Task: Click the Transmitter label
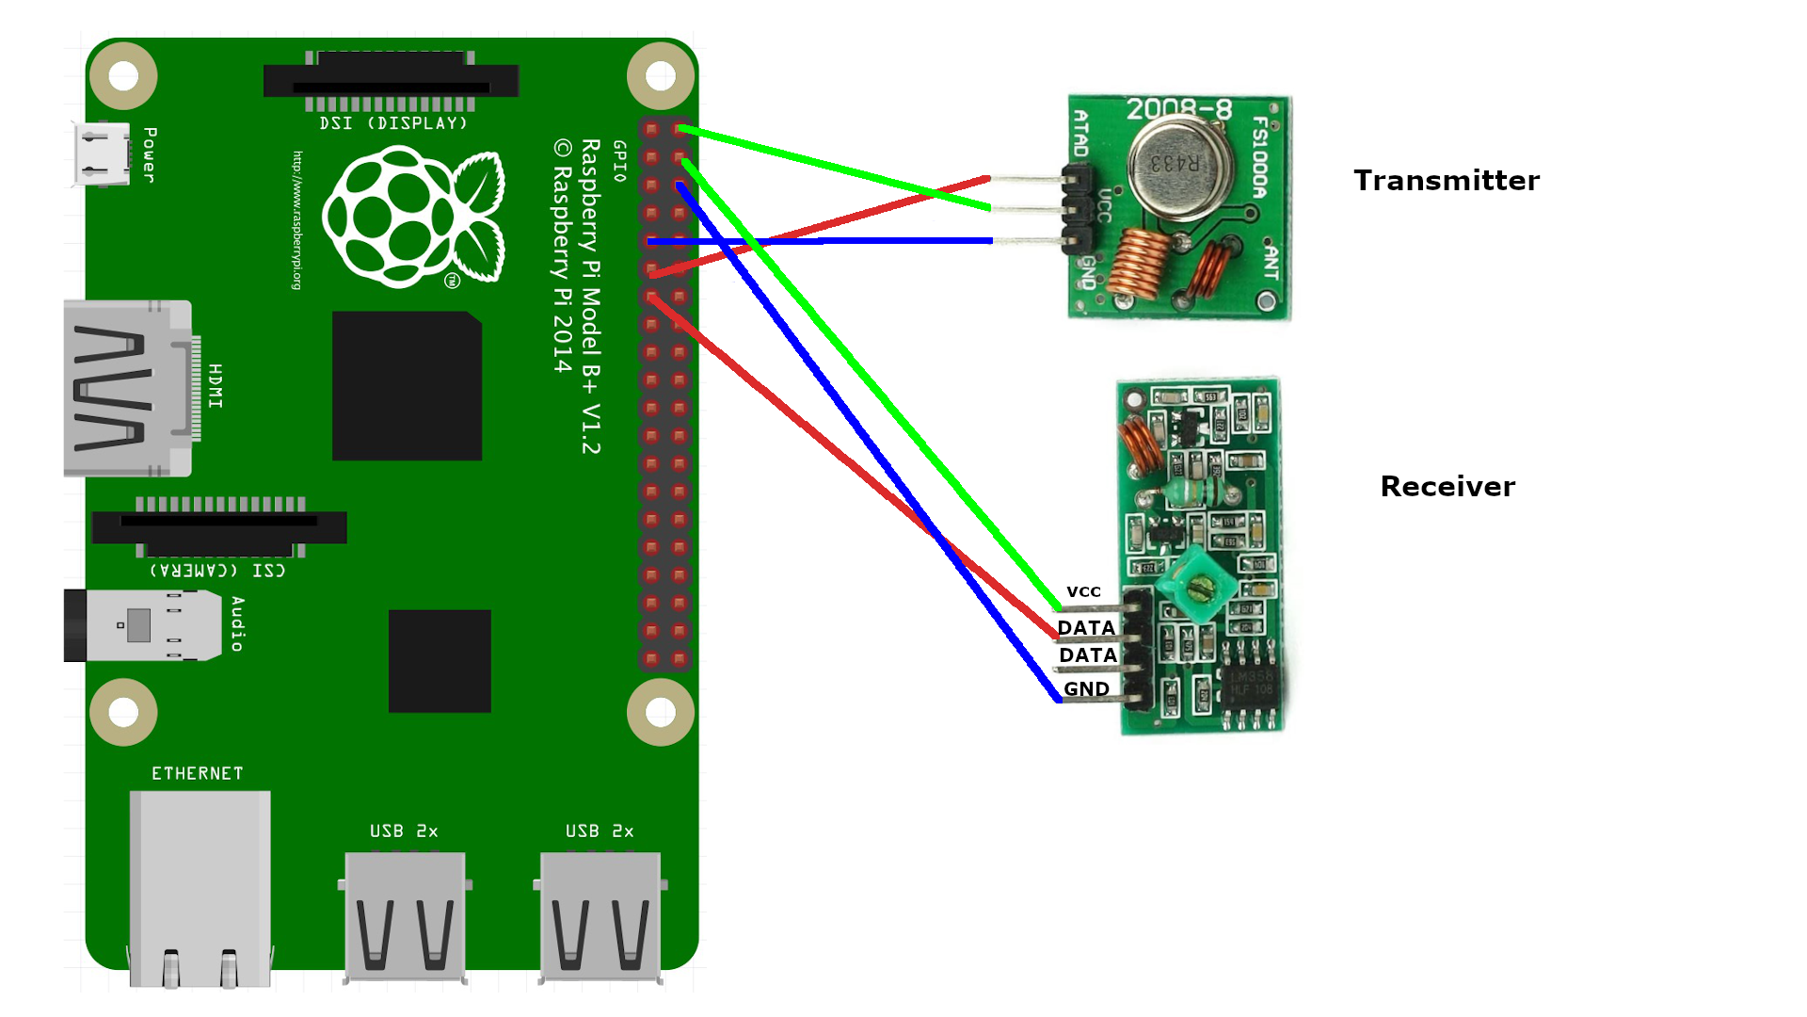[x=1446, y=180]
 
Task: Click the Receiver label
[x=1447, y=486]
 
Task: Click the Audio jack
[x=141, y=625]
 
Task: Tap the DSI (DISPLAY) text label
[x=392, y=123]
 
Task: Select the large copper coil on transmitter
[x=1138, y=263]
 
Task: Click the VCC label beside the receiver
[x=1083, y=591]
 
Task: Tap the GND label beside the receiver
[x=1086, y=689]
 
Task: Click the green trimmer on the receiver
[x=1198, y=585]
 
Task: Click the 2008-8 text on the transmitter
[x=1178, y=109]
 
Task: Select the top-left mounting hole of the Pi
[x=123, y=75]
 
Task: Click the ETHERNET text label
[x=198, y=773]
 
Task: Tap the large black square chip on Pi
[x=407, y=386]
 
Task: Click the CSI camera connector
[x=219, y=527]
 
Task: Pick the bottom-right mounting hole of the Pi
[x=661, y=712]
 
